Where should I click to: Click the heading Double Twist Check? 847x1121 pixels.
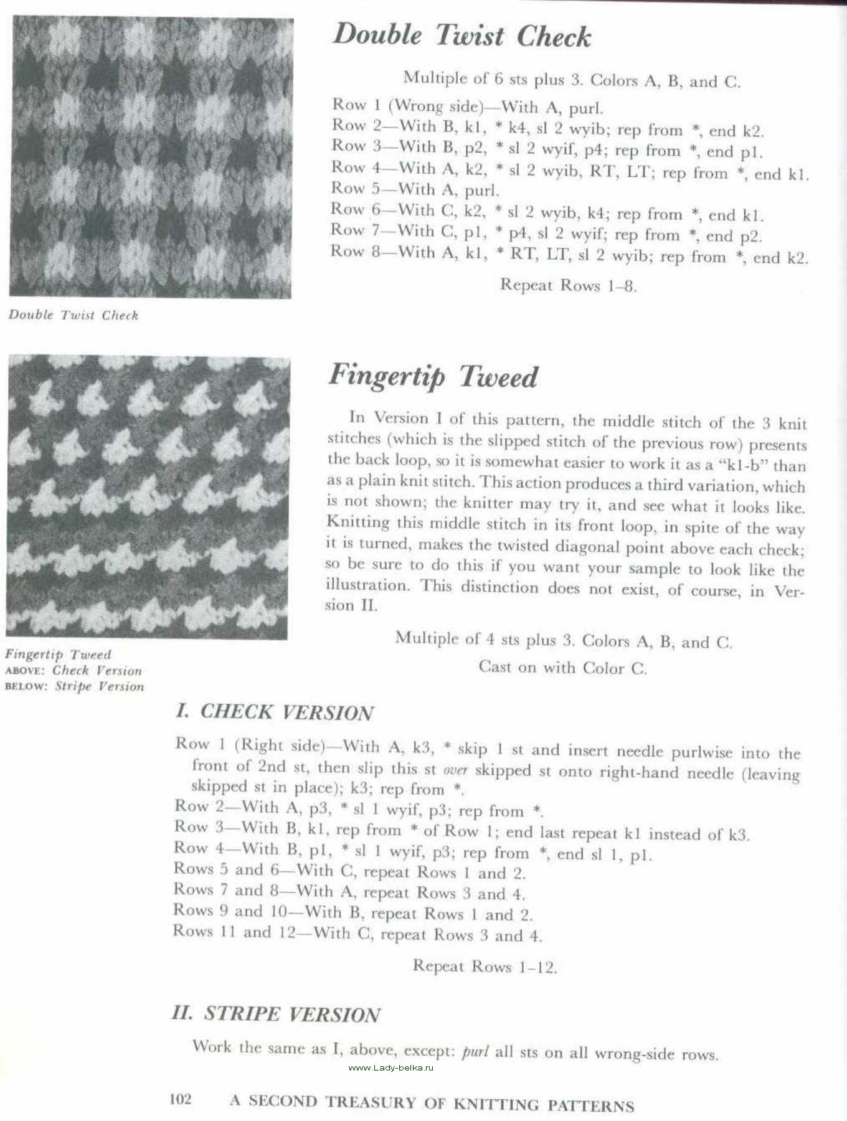point(461,35)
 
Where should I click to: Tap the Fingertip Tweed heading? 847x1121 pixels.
point(433,376)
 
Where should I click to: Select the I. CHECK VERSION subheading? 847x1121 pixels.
point(274,712)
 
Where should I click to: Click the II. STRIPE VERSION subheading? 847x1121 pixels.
point(276,1014)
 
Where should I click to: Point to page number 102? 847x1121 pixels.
point(181,1100)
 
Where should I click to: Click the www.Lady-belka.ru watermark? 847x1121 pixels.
point(390,1067)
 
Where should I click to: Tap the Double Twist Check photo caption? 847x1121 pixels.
point(73,315)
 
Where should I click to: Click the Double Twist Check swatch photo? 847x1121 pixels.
point(151,158)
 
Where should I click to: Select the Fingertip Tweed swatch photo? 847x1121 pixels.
point(148,496)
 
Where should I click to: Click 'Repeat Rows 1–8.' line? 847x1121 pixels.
point(568,285)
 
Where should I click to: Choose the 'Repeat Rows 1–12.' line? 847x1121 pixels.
point(485,967)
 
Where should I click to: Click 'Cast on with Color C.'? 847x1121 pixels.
point(563,668)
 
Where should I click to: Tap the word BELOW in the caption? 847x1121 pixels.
point(26,687)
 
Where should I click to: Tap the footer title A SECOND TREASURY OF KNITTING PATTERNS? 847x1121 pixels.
point(432,1102)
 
